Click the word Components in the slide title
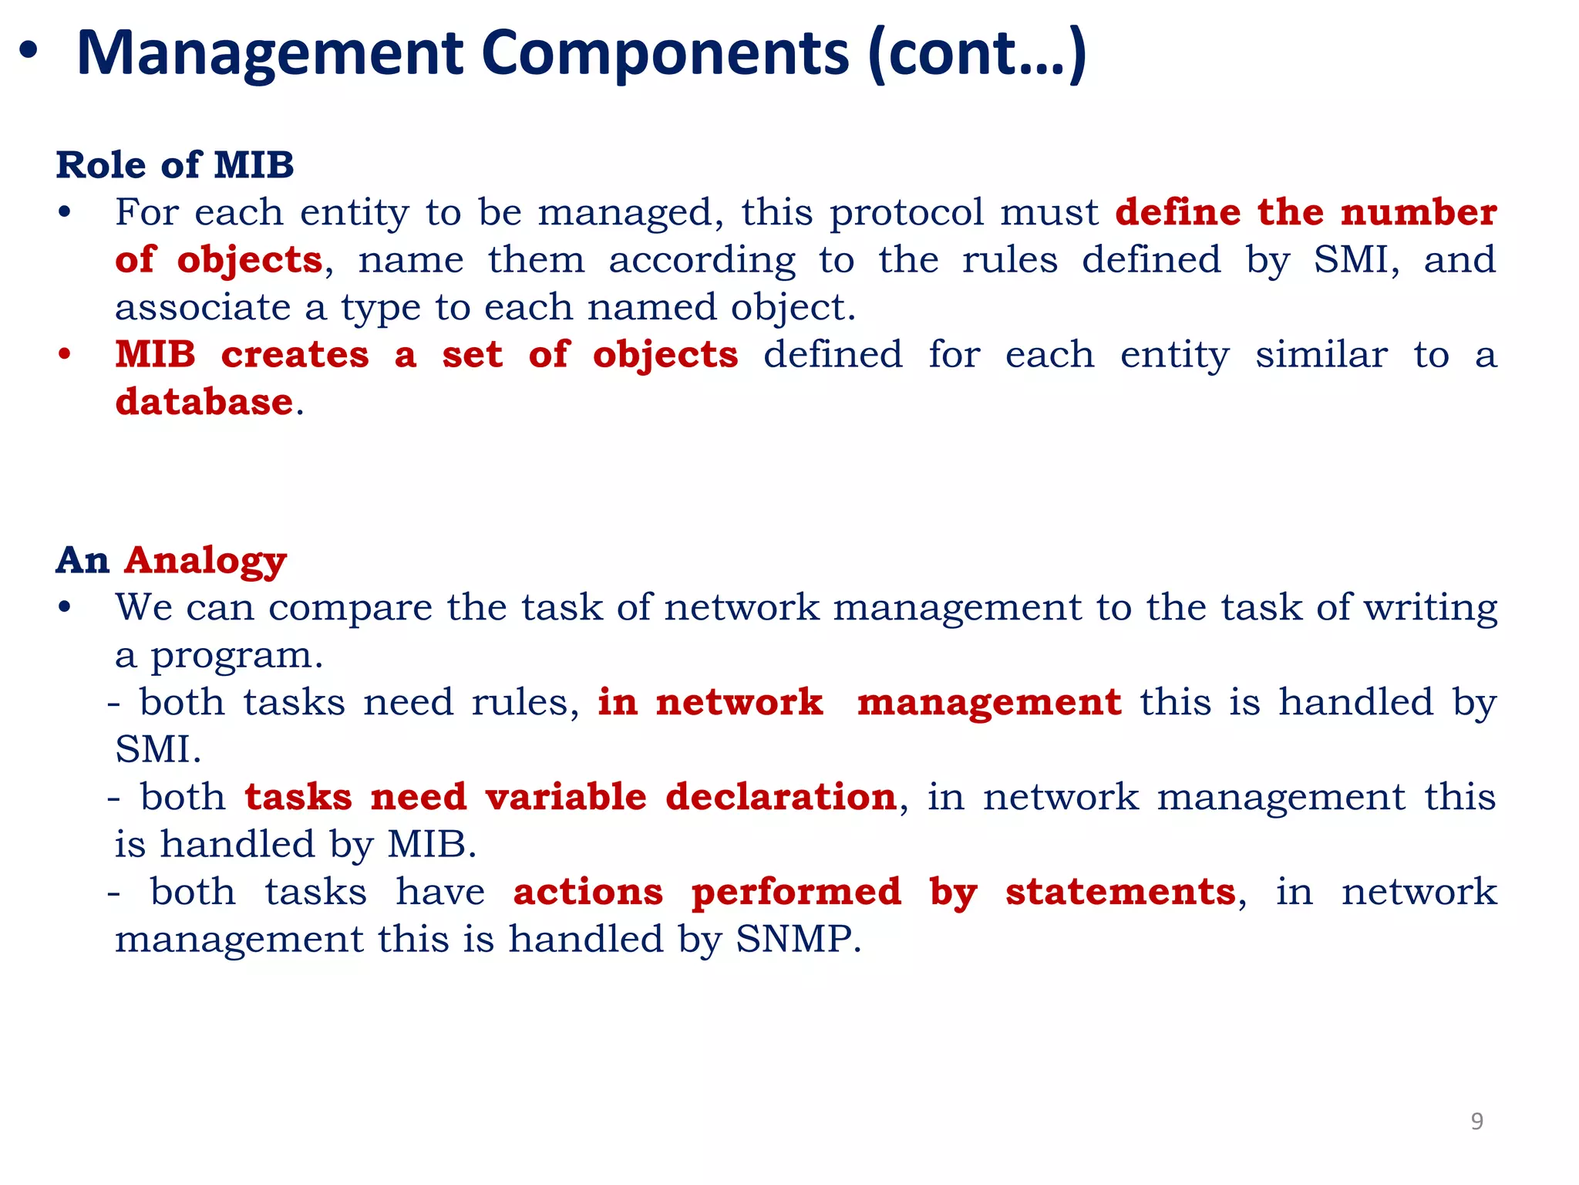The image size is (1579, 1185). tap(665, 54)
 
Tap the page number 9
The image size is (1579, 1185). tap(1476, 1121)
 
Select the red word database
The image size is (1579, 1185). tap(204, 402)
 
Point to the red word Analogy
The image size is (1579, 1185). tap(205, 561)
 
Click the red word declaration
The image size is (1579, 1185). tap(780, 797)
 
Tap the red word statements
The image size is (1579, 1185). tap(1120, 893)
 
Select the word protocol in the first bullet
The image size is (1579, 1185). tap(907, 212)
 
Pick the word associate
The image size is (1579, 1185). tap(203, 307)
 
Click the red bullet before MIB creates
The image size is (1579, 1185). tap(65, 355)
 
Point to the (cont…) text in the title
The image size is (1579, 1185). tap(977, 54)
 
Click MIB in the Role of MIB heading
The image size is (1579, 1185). tap(254, 165)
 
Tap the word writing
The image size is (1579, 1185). tap(1430, 608)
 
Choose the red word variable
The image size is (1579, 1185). tap(566, 797)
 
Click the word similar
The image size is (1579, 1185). tap(1321, 355)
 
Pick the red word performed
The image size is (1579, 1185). tap(796, 893)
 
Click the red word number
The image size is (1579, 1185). tap(1418, 212)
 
